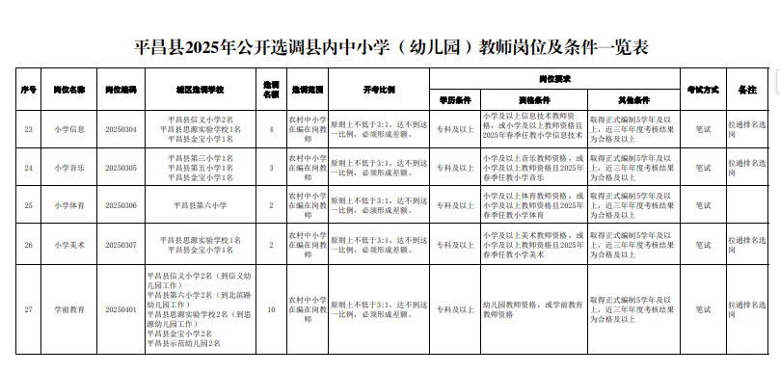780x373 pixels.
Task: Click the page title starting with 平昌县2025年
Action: click(390, 46)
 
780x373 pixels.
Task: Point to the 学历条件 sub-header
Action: click(454, 99)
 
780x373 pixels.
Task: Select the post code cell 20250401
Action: click(121, 309)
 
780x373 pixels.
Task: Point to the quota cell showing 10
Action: click(271, 309)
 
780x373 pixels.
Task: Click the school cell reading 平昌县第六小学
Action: click(201, 205)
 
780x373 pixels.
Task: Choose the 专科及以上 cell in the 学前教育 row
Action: click(454, 309)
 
